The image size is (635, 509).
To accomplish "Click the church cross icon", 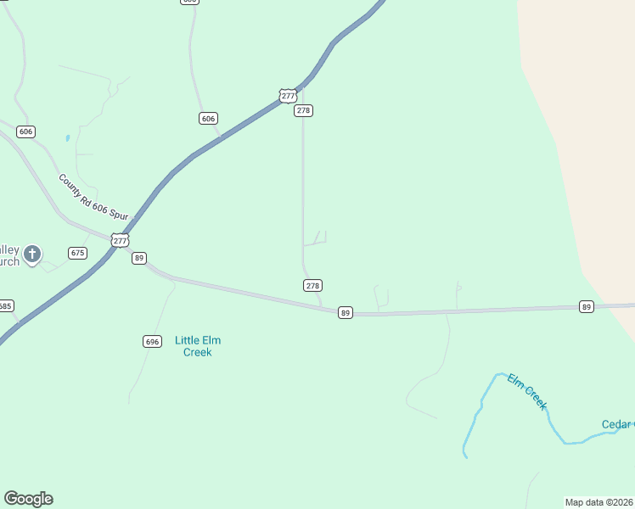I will point(32,253).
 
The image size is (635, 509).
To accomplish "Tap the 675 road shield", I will point(78,253).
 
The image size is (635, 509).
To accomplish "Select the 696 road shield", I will point(152,341).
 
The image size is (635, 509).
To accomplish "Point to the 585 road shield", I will point(5,305).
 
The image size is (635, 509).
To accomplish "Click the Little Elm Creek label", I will point(198,346).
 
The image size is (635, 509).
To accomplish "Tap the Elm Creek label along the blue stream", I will point(527,392).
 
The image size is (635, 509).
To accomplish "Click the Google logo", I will point(28,499).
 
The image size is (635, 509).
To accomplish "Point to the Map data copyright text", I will point(598,501).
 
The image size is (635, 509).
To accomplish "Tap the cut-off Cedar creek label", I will point(618,424).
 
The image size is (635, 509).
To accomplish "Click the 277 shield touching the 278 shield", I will point(289,96).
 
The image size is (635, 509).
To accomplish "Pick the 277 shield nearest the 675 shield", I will point(121,241).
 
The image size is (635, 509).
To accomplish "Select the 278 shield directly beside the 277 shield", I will point(304,111).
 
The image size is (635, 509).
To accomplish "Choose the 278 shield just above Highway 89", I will point(312,286).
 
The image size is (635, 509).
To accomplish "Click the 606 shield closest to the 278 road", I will point(209,118).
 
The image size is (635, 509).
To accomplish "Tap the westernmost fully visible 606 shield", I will point(25,131).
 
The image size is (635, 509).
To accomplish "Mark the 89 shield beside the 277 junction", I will point(139,258).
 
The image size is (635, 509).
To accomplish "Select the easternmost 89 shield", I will point(586,306).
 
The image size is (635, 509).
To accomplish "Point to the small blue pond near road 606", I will point(67,137).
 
